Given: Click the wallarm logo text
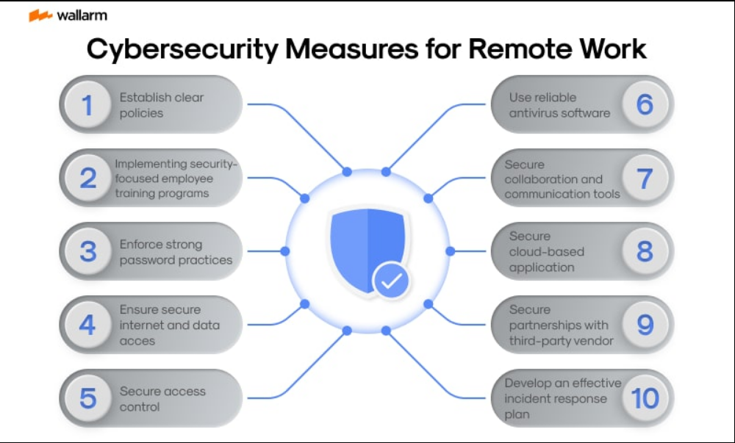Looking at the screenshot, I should [x=81, y=15].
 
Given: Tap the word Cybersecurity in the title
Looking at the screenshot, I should [x=180, y=48].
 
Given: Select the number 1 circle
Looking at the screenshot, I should [x=88, y=105].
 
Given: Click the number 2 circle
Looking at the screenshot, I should [x=88, y=179].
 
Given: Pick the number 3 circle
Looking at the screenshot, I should [x=88, y=251].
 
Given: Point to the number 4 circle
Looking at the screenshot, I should [x=88, y=325].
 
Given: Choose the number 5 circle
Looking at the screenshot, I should [x=88, y=398].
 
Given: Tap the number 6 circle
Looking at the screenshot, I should [x=645, y=105].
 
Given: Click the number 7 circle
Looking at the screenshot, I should [x=645, y=179].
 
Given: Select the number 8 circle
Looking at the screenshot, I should [x=645, y=251].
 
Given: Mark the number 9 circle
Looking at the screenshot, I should [x=645, y=325].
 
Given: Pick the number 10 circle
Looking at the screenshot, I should [x=645, y=398].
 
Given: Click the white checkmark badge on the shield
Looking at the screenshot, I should [x=392, y=280].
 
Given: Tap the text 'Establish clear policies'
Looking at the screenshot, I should [x=161, y=105].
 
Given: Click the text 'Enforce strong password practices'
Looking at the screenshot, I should [x=176, y=252].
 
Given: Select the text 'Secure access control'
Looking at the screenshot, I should [x=162, y=399].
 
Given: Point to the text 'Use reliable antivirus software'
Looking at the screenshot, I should [x=559, y=105].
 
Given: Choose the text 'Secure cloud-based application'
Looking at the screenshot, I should [x=547, y=251].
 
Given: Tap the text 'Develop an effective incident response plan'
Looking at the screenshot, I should [x=562, y=398].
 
